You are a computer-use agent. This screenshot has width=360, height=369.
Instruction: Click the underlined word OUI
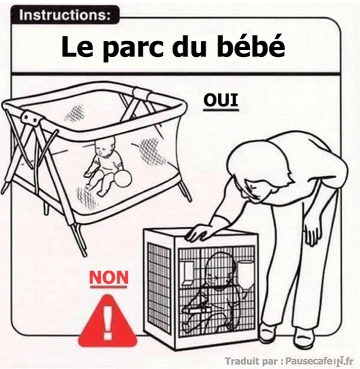[221, 101]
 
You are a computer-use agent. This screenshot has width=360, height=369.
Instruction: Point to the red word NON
[108, 278]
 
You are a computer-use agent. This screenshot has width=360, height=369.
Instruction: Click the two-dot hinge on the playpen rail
[30, 118]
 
